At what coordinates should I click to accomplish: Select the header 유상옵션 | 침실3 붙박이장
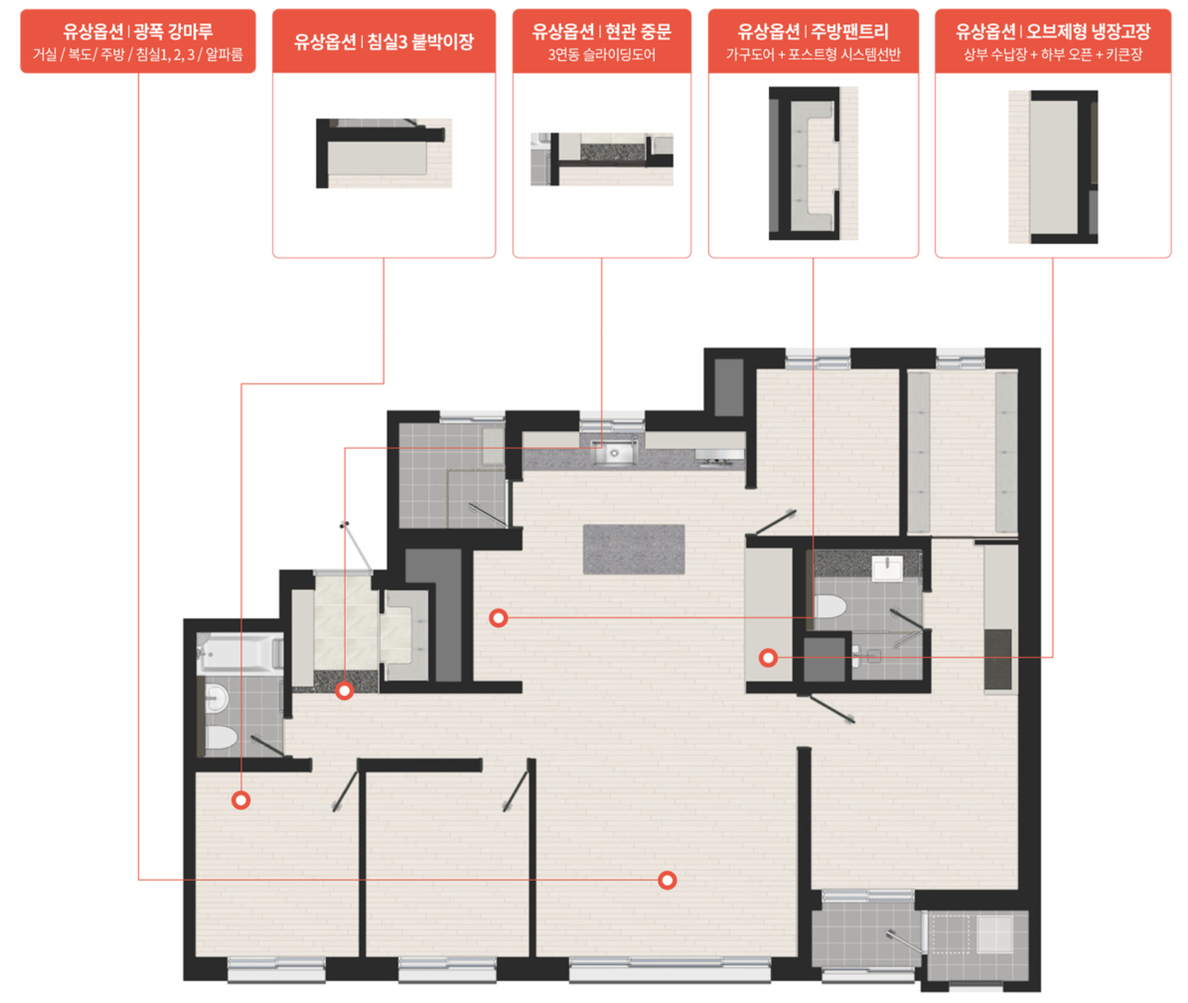tap(384, 41)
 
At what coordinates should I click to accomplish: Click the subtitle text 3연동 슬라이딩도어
tap(602, 54)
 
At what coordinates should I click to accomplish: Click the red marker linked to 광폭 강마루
tap(667, 880)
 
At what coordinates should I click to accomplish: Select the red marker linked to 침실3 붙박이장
tap(241, 800)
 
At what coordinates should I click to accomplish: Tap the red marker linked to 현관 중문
tap(344, 691)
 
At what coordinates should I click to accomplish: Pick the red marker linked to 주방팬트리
tap(499, 618)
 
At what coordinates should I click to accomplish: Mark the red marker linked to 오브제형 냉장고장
tap(768, 658)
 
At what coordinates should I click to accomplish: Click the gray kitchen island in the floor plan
tap(634, 549)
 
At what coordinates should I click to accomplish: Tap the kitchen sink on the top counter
tap(614, 453)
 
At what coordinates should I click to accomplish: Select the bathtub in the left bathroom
tap(240, 652)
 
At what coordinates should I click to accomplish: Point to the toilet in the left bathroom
tap(221, 737)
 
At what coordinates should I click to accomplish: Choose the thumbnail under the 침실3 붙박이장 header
tap(384, 153)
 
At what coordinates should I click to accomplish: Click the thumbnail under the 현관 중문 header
tap(602, 159)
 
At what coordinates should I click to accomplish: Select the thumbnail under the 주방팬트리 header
tap(814, 163)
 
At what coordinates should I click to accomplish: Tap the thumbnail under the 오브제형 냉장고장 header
tap(1053, 167)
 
